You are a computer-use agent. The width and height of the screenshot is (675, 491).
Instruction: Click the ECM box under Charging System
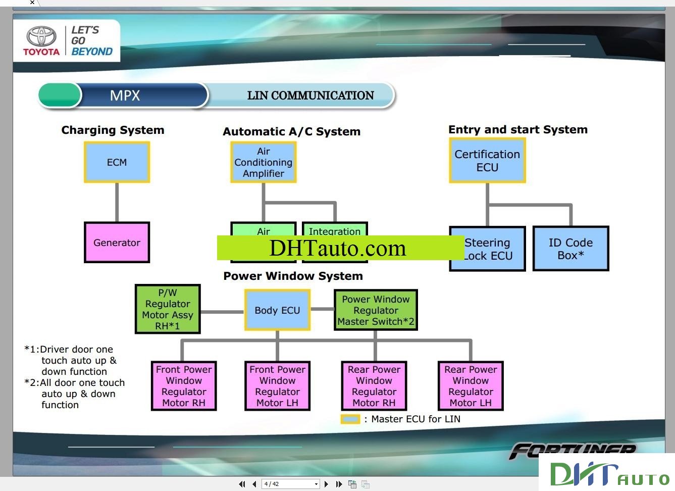coord(117,162)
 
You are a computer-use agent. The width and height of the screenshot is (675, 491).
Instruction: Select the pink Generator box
coord(117,242)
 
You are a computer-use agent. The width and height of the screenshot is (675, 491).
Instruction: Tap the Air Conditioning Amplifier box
coord(263,162)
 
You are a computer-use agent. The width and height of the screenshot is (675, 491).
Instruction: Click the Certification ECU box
coord(487,161)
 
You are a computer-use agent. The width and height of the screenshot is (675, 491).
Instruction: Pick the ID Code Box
coord(570,249)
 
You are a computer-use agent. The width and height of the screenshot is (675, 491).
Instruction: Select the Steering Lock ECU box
coord(488,249)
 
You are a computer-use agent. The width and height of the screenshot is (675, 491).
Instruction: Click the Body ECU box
coord(277,310)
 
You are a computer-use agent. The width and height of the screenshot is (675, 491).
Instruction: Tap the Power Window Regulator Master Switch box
coord(376,310)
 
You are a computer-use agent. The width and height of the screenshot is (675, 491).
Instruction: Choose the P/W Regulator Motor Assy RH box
coord(168,309)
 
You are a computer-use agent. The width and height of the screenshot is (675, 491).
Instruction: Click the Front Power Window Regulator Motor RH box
coord(184,386)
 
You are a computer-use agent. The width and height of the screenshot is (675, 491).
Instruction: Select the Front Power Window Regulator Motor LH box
coord(277,386)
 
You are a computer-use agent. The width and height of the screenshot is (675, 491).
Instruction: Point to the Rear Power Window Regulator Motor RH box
coord(374,386)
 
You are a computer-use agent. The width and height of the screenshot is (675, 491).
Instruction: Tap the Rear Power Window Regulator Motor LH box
coord(471,386)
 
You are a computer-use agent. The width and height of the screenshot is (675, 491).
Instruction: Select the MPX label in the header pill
coord(125,95)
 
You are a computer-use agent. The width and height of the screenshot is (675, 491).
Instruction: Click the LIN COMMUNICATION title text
coord(310,95)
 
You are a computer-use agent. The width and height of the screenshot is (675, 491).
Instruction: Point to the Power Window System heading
coord(293,276)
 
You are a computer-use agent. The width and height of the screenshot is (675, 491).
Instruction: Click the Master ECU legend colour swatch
coord(350,419)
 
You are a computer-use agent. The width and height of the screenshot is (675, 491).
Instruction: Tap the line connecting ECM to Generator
coord(117,202)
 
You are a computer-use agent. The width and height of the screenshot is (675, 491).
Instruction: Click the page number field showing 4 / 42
coord(291,484)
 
